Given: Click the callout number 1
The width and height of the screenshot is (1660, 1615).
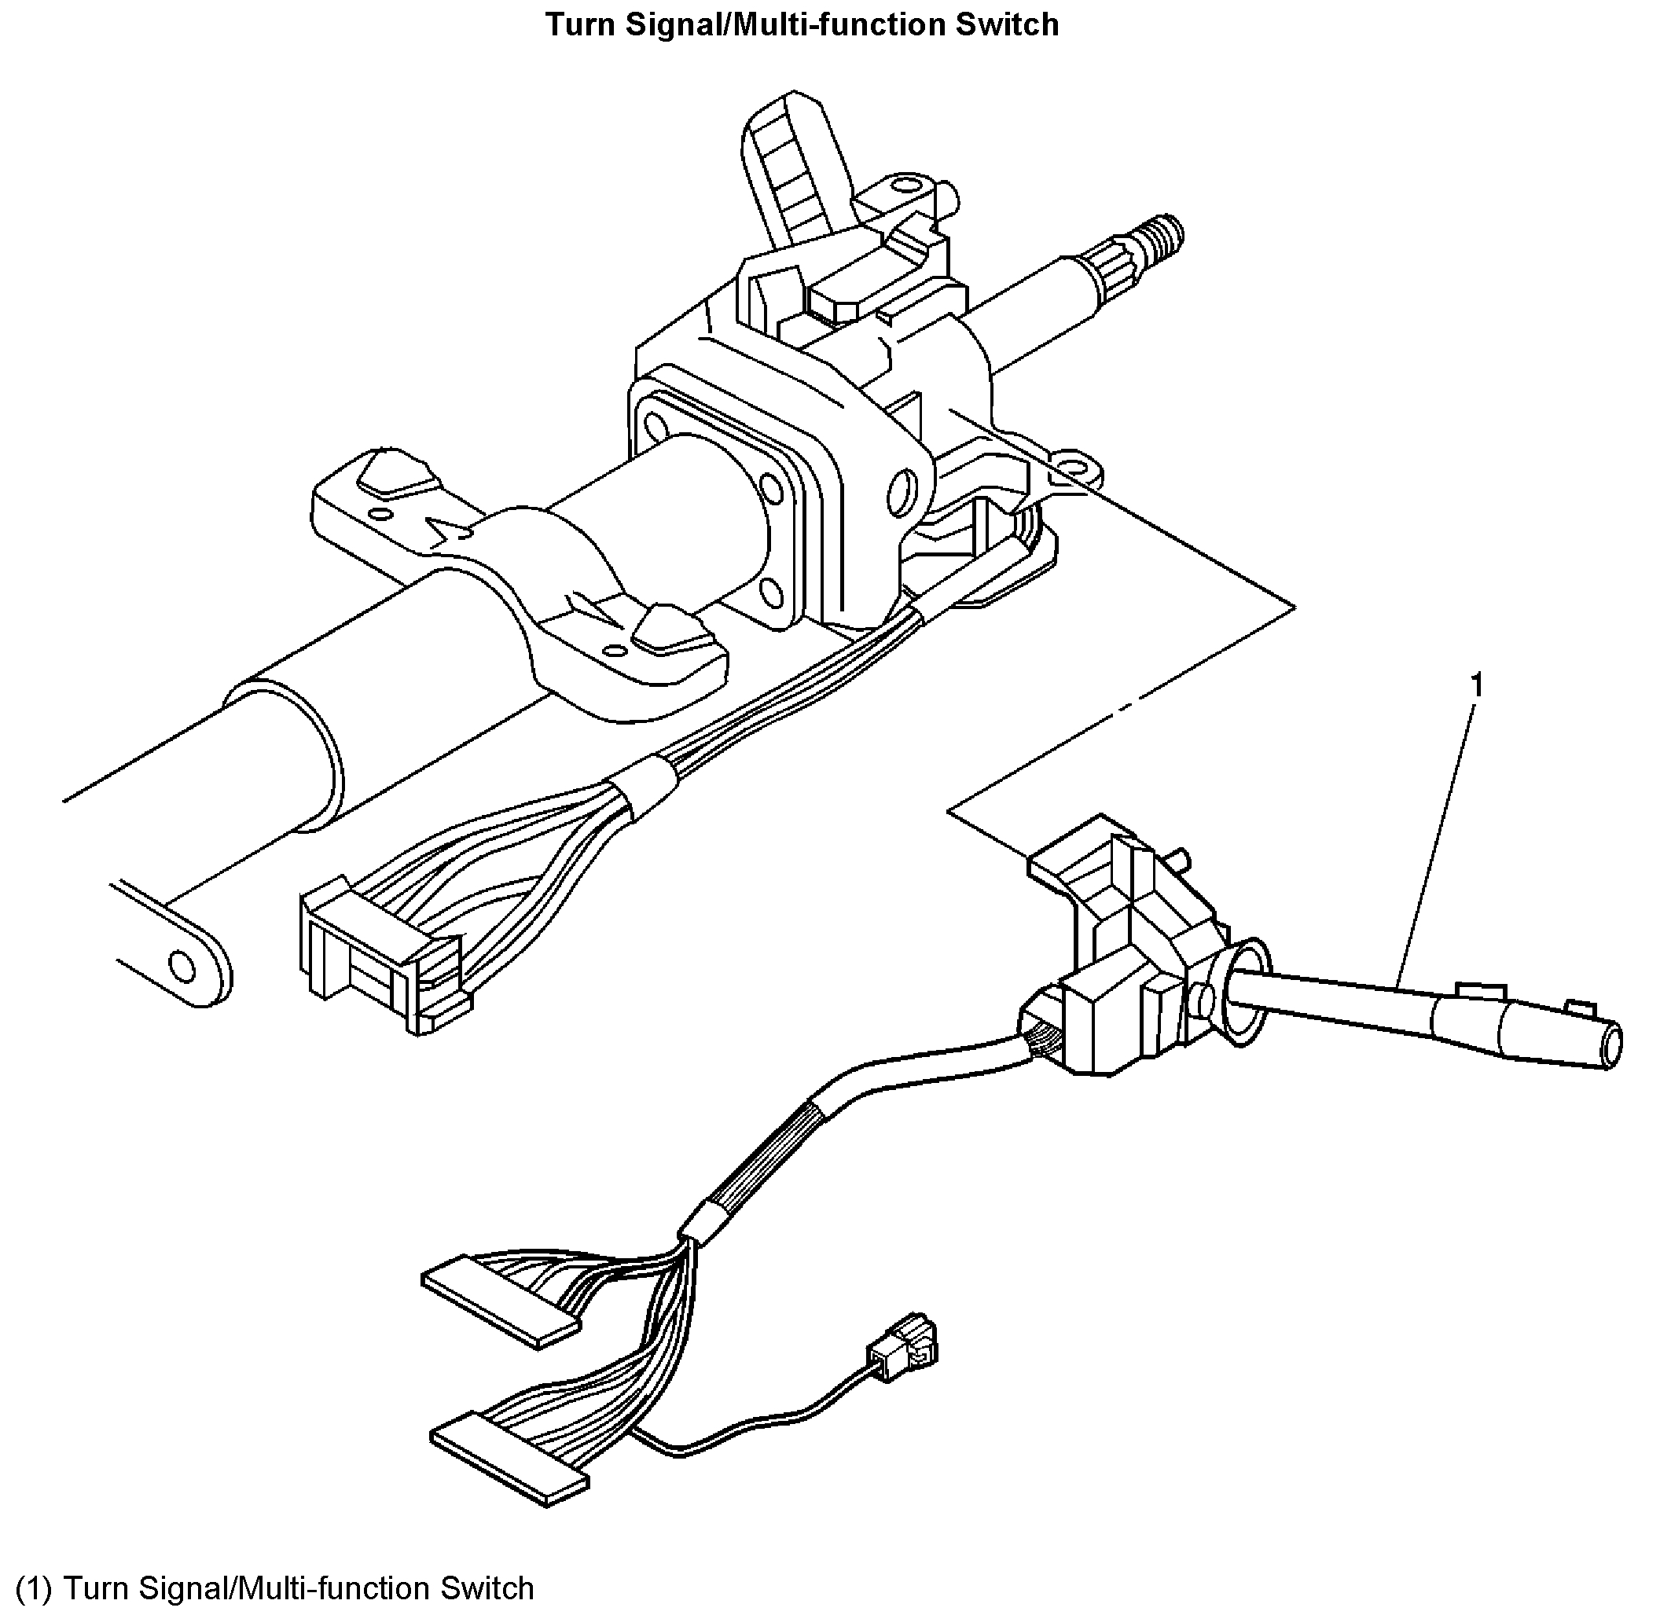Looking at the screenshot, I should pyautogui.click(x=1477, y=685).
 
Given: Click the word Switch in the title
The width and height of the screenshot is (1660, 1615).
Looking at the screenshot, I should pyautogui.click(x=1007, y=24).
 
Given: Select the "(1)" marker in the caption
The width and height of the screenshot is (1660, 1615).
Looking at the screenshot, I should pyautogui.click(x=35, y=1587).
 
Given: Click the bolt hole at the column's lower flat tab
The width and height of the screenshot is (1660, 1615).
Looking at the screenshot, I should pyautogui.click(x=182, y=964).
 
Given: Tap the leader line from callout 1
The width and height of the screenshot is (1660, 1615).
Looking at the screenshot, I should pyautogui.click(x=1438, y=840).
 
